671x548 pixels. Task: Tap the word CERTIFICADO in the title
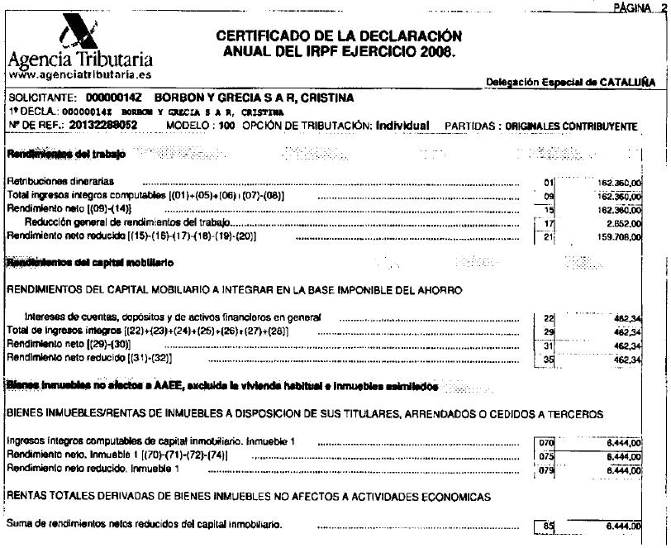point(259,36)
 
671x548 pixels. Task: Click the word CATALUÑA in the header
point(629,82)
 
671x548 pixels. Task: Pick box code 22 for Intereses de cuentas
point(545,318)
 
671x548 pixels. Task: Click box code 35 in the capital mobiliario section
point(545,359)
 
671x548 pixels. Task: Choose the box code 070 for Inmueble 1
point(545,444)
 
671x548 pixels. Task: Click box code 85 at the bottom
point(545,525)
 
